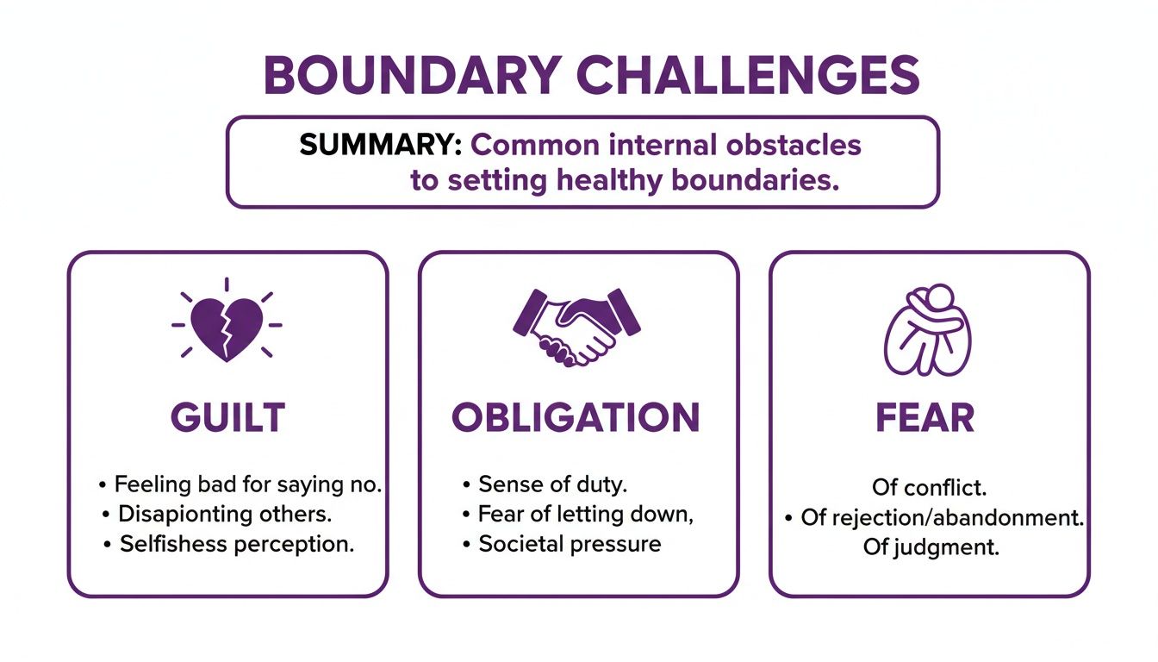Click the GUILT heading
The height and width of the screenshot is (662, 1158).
[x=227, y=418]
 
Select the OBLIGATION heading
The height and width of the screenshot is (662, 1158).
[x=576, y=418]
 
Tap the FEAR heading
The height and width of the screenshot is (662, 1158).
[x=925, y=418]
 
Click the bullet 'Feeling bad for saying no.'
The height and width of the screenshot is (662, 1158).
[x=247, y=484]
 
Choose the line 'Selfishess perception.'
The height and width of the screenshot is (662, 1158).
[x=237, y=545]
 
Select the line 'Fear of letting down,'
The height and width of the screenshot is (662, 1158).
[x=586, y=515]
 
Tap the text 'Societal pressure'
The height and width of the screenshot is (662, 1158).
[x=570, y=545]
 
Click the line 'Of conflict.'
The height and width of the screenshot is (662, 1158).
[x=928, y=488]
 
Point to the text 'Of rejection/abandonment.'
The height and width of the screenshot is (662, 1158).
[x=942, y=518]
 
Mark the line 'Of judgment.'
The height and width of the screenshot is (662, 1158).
[x=931, y=548]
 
